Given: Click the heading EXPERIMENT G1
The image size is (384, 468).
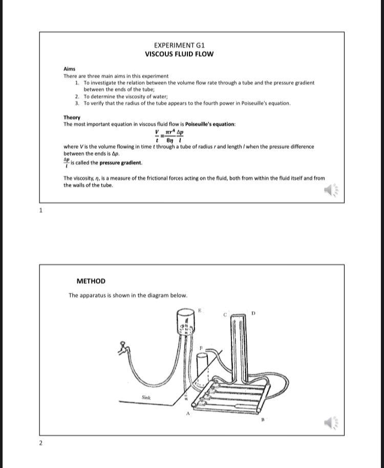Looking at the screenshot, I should click(x=179, y=45).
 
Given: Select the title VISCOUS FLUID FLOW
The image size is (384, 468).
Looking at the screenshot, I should click(x=179, y=54).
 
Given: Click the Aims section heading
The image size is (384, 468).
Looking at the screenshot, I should click(x=69, y=69).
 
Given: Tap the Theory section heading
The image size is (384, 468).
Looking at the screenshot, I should click(x=72, y=117).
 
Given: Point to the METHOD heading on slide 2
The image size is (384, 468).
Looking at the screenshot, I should click(x=91, y=281).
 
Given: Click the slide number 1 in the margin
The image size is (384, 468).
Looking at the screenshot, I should click(x=41, y=210).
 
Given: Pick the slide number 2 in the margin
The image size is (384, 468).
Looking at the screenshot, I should click(x=41, y=442).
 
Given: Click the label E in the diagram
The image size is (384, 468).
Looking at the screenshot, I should click(x=200, y=310).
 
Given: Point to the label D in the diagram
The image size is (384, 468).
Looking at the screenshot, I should click(x=253, y=313).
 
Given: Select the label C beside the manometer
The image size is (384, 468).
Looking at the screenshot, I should click(x=224, y=314).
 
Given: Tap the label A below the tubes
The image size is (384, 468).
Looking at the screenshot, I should click(x=187, y=414).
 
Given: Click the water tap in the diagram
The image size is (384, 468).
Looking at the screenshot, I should click(x=123, y=348).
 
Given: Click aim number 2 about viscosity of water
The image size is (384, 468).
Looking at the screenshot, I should click(x=126, y=96).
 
